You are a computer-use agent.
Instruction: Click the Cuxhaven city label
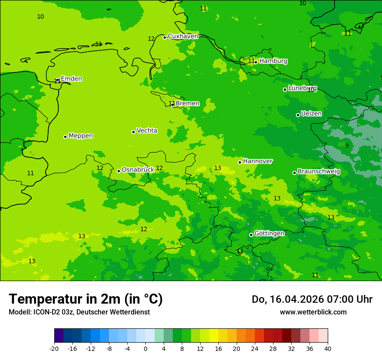coord(183,36)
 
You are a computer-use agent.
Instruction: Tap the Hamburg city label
coord(273,61)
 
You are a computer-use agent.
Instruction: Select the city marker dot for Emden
coord(57,80)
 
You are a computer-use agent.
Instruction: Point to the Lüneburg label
coord(302,88)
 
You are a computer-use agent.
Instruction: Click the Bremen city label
coord(187,104)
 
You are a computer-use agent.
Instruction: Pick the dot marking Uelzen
coord(298,115)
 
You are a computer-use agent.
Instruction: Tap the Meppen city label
coord(80,136)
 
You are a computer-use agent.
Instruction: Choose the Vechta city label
coord(147,131)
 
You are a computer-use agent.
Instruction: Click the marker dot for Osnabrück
coord(119,171)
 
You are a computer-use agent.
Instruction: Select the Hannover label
coord(257,161)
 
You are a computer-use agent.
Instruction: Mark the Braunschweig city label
coord(319,172)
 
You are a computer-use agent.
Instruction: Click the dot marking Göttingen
coord(251,235)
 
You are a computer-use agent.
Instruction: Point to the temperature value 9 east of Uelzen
coord(346,146)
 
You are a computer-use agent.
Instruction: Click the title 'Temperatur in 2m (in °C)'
coord(86,299)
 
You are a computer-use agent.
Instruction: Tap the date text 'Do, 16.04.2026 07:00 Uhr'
coord(312,299)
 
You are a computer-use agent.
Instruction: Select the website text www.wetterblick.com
coord(313,312)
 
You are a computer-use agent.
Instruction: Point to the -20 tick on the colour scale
coord(54,349)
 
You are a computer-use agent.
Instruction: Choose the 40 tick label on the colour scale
coord(327,349)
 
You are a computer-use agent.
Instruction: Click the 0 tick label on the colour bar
coord(145,349)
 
